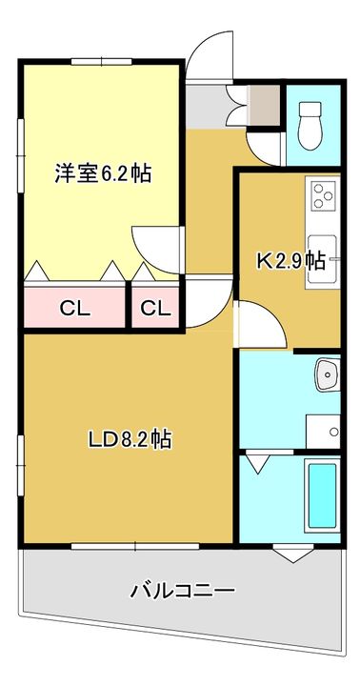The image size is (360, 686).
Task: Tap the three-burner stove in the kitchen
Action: click(323, 195)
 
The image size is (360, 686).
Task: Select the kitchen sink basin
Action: click(321, 259)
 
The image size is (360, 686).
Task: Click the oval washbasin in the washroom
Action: click(327, 374)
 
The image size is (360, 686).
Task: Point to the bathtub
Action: click(323, 496)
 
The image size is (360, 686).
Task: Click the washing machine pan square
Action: click(323, 431)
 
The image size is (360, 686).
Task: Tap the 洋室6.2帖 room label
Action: click(103, 173)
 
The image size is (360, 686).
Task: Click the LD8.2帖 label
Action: click(130, 439)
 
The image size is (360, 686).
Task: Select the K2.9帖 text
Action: click(290, 261)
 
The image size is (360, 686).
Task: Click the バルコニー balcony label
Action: click(183, 590)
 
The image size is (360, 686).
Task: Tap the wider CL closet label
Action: click(75, 309)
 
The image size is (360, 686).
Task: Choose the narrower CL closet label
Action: click(155, 309)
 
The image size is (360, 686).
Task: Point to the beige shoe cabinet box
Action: click(263, 104)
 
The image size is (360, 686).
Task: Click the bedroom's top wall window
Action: click(102, 62)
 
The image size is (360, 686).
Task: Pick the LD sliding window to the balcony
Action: click(135, 546)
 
